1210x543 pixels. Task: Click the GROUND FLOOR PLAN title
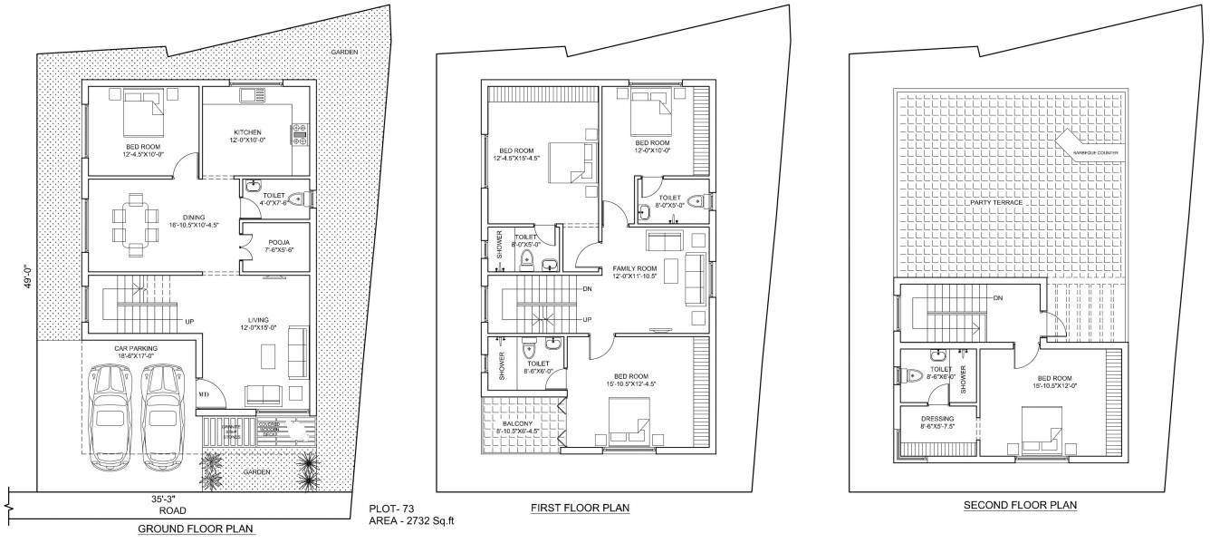tap(195, 528)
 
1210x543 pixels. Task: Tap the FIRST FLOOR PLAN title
tap(580, 508)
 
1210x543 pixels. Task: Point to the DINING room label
tap(192, 218)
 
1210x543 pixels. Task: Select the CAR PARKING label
tap(136, 348)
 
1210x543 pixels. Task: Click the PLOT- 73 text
tap(392, 509)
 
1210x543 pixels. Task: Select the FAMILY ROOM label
tap(635, 269)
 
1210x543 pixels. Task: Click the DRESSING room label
tap(937, 419)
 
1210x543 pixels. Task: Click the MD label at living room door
tap(204, 395)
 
